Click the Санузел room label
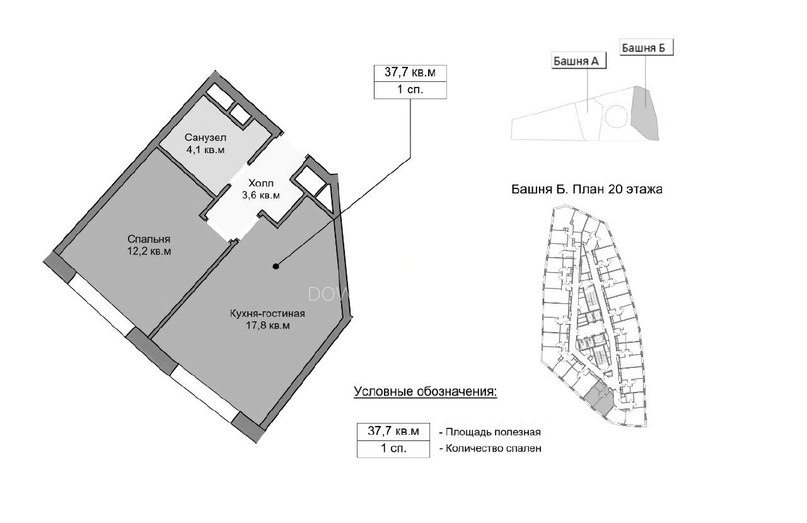pos(206,137)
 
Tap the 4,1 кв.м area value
pos(206,150)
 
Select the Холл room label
pos(261,183)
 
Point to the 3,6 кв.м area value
pos(261,195)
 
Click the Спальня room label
pos(149,239)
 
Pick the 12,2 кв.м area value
pos(149,251)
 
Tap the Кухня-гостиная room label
pos(267,314)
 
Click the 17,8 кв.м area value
pos(267,326)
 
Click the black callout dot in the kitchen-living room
pos(276,267)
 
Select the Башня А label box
pos(579,61)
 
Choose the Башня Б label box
pos(646,47)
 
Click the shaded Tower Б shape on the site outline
pos(646,113)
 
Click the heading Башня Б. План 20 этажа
pos(586,189)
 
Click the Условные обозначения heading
pos(426,392)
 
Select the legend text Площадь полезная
pos(493,432)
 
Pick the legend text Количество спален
pos(494,449)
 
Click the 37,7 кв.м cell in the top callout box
pos(410,73)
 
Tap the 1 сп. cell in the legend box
pos(393,449)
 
